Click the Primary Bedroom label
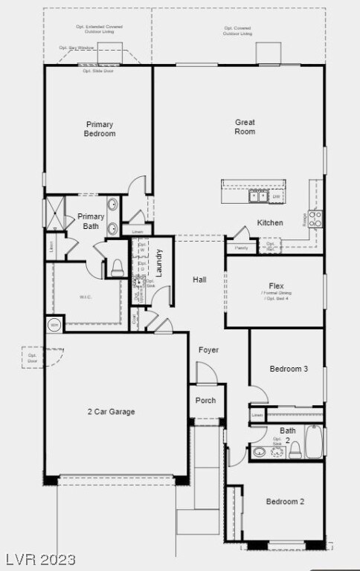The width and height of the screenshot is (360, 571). pyautogui.click(x=100, y=129)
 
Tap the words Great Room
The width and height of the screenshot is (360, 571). pyautogui.click(x=245, y=126)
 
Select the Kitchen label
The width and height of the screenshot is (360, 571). pyautogui.click(x=270, y=222)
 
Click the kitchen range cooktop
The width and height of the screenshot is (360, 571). pyautogui.click(x=315, y=219)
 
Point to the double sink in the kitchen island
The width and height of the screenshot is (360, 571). pyautogui.click(x=258, y=196)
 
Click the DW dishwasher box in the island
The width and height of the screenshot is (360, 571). pyautogui.click(x=276, y=196)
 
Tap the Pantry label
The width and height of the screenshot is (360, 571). pyautogui.click(x=242, y=248)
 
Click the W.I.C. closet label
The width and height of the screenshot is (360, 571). pyautogui.click(x=86, y=297)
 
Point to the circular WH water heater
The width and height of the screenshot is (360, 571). pyautogui.click(x=54, y=324)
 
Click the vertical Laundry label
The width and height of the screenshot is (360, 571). pyautogui.click(x=158, y=262)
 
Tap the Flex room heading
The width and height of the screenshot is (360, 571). pyautogui.click(x=277, y=285)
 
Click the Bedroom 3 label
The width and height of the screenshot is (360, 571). pyautogui.click(x=289, y=369)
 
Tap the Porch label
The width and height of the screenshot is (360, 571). pyautogui.click(x=206, y=400)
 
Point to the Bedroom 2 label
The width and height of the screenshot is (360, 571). pyautogui.click(x=286, y=501)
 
